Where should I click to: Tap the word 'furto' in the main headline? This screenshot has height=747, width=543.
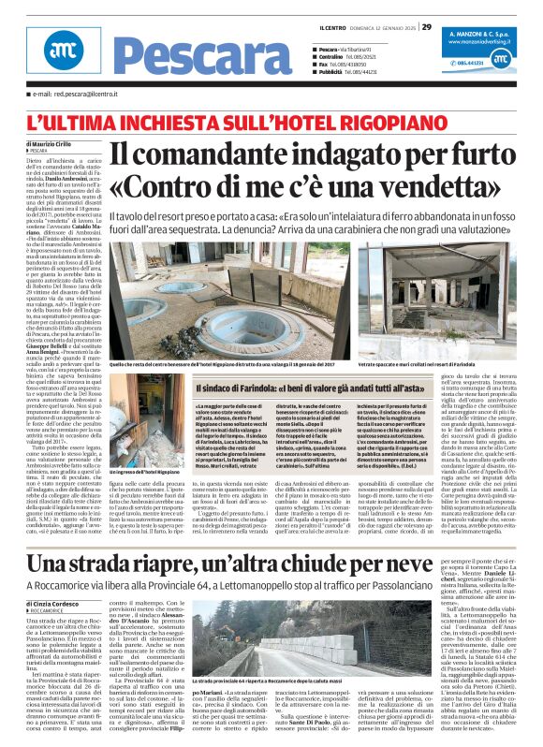click(486, 153)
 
